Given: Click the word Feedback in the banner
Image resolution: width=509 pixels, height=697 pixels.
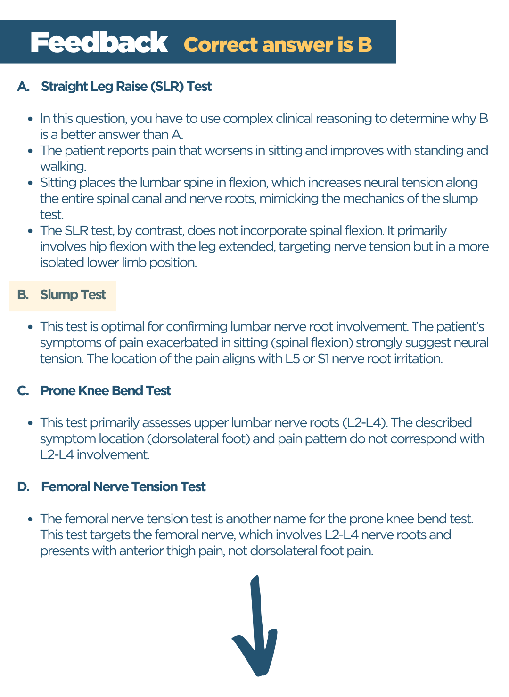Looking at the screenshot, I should point(99,42).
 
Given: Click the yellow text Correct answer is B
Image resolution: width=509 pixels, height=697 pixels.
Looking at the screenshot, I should point(278,45).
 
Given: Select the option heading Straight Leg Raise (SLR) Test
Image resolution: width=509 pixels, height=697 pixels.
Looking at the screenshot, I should point(126,87).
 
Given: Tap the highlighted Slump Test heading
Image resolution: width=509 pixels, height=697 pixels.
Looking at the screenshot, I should point(73,295).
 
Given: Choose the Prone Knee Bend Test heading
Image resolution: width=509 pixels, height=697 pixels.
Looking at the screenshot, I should point(106,391).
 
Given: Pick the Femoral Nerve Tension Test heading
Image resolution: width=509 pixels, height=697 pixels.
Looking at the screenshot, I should point(123,487).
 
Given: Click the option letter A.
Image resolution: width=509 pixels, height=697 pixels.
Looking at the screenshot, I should point(23,87).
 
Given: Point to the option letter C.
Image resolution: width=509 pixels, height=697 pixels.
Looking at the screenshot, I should point(23,391).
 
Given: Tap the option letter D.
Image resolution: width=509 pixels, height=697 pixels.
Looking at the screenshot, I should point(23,487).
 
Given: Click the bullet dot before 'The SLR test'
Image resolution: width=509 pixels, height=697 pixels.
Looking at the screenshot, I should point(30,231).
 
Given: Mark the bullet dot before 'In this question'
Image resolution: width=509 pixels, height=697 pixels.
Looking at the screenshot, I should point(30,119).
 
